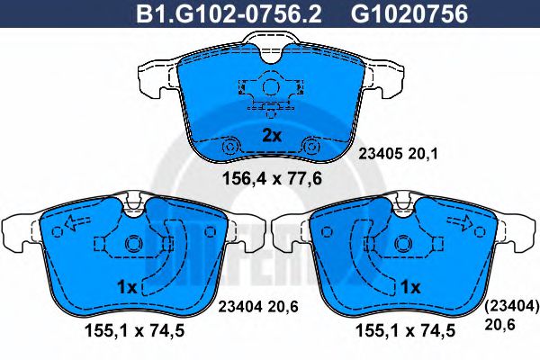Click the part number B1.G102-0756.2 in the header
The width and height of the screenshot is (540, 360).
coord(229,13)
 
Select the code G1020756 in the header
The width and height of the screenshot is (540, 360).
coord(409,13)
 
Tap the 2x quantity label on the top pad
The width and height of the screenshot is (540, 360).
coord(272,136)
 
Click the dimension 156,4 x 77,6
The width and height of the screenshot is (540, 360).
coord(272,178)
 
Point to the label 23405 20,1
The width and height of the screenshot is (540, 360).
coord(398,154)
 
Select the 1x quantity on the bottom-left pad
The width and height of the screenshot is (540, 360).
coord(128,287)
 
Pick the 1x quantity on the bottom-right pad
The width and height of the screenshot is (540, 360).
coord(410,286)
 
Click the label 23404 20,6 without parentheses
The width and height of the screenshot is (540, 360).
coord(258,306)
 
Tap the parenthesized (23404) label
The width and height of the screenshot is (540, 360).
coord(511,305)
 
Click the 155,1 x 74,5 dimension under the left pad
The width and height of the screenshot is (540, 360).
coord(135,331)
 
